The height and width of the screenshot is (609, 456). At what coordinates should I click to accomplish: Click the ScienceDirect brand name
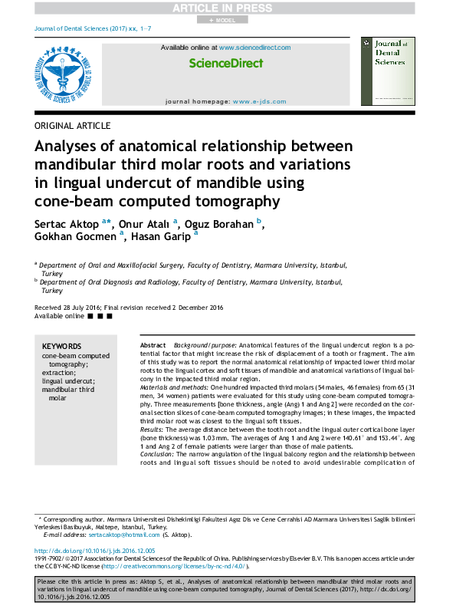coord(225,64)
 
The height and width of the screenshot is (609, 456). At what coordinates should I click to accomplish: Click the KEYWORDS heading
coord(61,347)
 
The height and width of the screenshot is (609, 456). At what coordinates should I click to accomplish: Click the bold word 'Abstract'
coord(153,347)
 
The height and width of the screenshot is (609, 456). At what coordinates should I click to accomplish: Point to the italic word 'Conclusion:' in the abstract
coord(159,454)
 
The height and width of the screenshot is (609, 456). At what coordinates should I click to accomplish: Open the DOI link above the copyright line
coord(95,551)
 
